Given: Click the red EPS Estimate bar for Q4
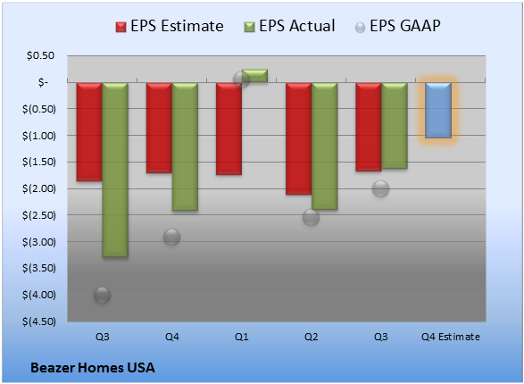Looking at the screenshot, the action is [159, 128].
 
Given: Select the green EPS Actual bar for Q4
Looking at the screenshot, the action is [185, 146].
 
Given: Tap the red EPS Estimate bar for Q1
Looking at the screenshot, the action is [229, 129].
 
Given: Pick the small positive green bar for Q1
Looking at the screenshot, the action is [254, 76].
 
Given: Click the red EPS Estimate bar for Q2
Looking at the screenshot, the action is [298, 138].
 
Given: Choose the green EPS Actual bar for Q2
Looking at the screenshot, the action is [325, 146].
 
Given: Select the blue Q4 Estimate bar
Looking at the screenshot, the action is [438, 110].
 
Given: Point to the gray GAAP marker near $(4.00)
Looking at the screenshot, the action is [103, 295].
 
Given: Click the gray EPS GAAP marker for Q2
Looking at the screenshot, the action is [312, 217].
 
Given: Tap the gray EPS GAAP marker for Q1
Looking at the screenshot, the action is [241, 79].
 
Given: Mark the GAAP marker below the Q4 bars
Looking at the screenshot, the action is [171, 237].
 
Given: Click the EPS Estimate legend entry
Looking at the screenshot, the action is [170, 26].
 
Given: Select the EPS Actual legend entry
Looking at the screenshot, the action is [289, 26].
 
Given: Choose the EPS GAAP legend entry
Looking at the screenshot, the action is [397, 26].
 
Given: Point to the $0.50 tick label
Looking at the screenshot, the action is [40, 55].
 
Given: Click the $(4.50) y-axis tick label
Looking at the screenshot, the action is [39, 321].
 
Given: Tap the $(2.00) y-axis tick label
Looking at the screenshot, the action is [39, 188].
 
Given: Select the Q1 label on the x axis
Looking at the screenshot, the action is [242, 337].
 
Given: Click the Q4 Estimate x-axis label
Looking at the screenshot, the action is [451, 337].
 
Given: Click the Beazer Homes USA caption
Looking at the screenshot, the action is [93, 368].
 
